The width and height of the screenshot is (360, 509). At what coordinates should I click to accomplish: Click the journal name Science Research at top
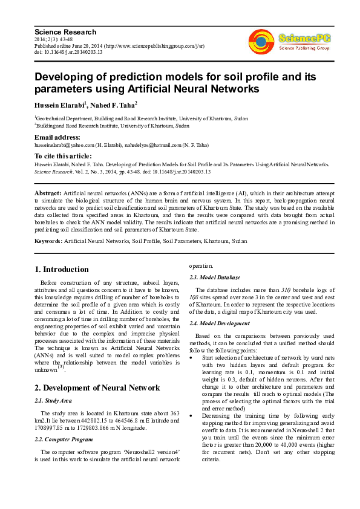(65, 31)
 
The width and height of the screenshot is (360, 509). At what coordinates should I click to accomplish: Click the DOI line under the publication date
(68, 53)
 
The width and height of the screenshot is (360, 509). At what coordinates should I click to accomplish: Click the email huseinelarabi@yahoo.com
(64, 145)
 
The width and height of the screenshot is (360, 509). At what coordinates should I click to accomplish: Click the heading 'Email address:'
(57, 138)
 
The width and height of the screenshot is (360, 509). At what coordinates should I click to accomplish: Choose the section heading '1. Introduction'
(62, 270)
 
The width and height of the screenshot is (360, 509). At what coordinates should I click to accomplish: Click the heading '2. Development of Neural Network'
(97, 387)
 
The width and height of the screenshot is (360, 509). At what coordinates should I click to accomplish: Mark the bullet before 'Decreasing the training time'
(192, 414)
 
